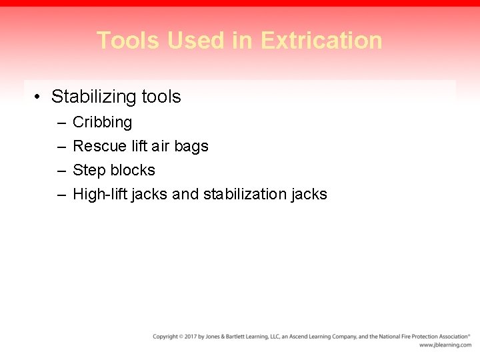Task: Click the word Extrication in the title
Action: click(x=321, y=41)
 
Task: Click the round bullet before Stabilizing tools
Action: click(x=37, y=97)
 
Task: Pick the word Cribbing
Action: click(x=102, y=123)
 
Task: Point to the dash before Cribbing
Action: click(x=61, y=123)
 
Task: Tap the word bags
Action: click(x=191, y=146)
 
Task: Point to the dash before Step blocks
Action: click(x=61, y=170)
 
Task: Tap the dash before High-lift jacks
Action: click(x=61, y=194)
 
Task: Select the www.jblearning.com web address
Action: click(x=445, y=345)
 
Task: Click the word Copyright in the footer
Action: click(x=165, y=337)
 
